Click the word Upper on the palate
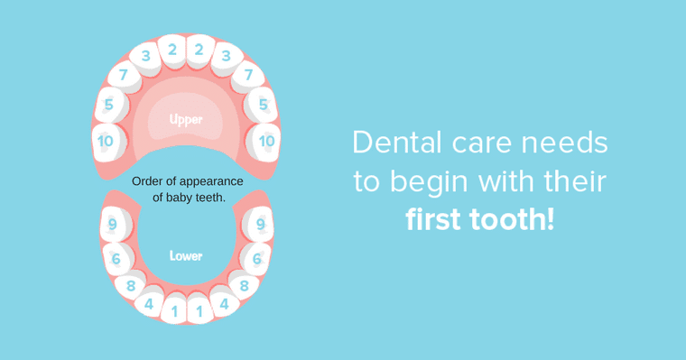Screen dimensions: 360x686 (x=186, y=119)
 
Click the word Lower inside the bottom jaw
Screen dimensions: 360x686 (x=186, y=256)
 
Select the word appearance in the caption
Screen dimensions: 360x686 (x=213, y=181)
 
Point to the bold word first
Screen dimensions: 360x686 (x=438, y=220)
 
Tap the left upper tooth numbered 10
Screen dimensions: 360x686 (x=107, y=141)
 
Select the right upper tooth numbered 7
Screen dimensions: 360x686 (x=248, y=75)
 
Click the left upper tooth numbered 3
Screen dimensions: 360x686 (x=145, y=56)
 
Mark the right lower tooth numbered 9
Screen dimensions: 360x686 (x=260, y=225)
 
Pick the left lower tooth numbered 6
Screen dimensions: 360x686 (x=116, y=259)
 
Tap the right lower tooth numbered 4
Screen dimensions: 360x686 (x=224, y=304)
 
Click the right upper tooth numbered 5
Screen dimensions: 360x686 (x=263, y=106)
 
